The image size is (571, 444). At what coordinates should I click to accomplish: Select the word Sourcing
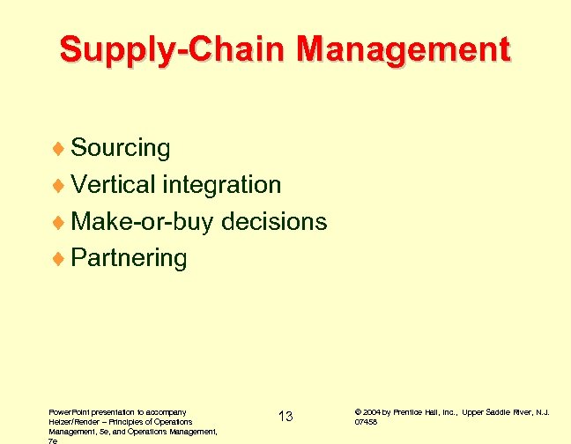tap(121, 148)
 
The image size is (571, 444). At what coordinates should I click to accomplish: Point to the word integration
tap(222, 185)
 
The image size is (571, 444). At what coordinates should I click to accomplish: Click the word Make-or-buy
tap(142, 222)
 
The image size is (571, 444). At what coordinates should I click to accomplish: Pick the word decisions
tap(274, 222)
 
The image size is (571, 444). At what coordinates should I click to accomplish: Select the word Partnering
tap(129, 259)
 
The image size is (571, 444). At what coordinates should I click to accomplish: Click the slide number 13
tap(285, 416)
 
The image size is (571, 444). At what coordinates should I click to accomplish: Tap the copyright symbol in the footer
tap(358, 411)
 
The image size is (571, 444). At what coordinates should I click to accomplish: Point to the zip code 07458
tap(367, 422)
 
